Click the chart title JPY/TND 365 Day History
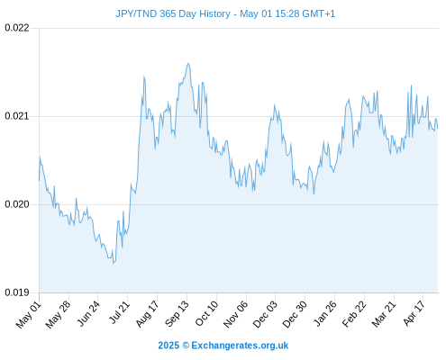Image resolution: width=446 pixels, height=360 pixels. [x=173, y=13]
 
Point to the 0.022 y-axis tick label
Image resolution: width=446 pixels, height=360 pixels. [x=17, y=28]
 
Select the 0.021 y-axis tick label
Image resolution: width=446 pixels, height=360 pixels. [x=17, y=116]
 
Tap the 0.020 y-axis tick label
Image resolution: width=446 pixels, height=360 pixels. [x=17, y=204]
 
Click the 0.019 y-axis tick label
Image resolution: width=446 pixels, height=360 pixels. [x=17, y=292]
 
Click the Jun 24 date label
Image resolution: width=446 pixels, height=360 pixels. [x=88, y=314]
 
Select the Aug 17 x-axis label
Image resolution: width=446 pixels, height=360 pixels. [x=147, y=314]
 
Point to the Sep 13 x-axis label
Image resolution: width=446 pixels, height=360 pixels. [x=177, y=314]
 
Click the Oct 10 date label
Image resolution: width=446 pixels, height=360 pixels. [x=206, y=314]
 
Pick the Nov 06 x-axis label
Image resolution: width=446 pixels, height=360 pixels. [x=235, y=314]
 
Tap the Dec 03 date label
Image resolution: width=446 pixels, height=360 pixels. [x=265, y=314]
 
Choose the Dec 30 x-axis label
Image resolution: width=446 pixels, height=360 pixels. [x=295, y=314]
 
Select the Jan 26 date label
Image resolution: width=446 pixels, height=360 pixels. [x=324, y=314]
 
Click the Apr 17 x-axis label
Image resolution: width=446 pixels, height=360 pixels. [x=414, y=313]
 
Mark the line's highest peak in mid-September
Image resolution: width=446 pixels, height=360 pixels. [x=188, y=63]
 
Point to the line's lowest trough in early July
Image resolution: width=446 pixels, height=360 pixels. [x=114, y=264]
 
